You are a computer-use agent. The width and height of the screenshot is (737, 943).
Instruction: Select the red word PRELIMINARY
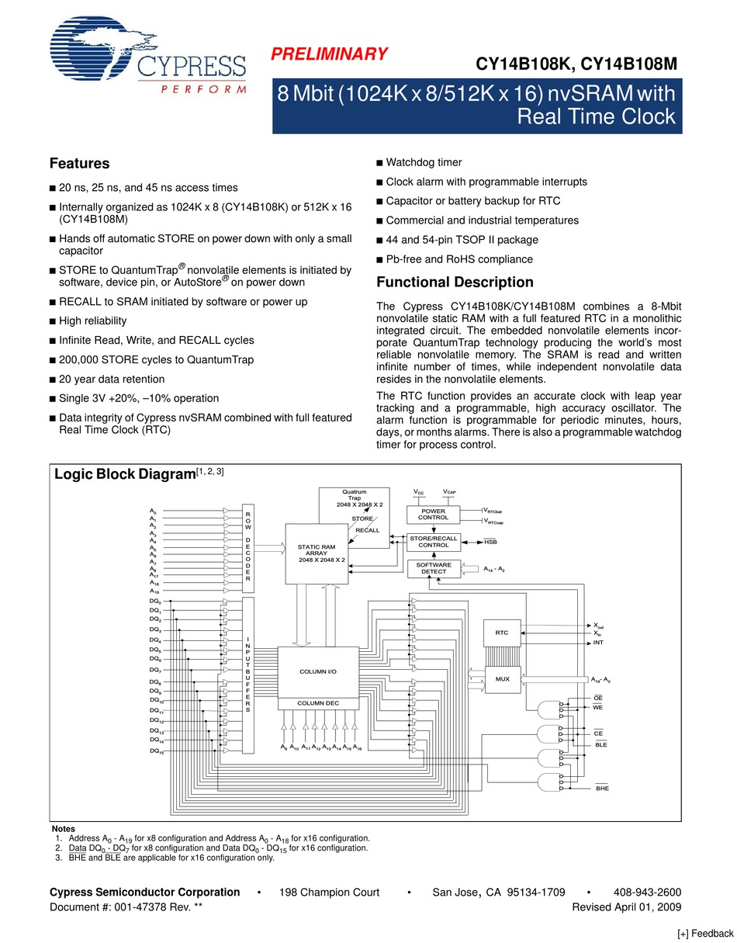pos(328,54)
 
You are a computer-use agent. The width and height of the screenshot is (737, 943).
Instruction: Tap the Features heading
pos(79,164)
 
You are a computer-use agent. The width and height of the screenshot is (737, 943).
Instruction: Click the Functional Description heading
pos(455,283)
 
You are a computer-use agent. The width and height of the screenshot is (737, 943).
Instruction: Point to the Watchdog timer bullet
pos(424,162)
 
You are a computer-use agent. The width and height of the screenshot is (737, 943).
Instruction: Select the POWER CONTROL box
pos(434,514)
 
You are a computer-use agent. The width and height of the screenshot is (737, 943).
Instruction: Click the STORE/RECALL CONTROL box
pos(434,542)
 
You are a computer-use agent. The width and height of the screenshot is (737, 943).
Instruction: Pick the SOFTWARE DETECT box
pos(434,568)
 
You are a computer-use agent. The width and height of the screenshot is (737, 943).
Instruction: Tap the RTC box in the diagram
pos(502,633)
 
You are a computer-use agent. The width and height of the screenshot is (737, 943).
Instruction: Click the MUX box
pos(502,679)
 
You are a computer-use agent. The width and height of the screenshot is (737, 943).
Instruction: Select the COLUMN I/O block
pos(318,671)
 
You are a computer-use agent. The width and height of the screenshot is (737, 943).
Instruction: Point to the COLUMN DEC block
pos(318,703)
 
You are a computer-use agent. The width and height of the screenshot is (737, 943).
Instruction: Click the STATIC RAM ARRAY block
pos(317,553)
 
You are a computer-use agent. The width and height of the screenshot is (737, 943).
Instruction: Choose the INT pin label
pos(597,643)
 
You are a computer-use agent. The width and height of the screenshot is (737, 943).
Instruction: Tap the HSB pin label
pos(490,542)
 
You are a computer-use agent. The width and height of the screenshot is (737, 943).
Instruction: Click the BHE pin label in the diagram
pos(602,789)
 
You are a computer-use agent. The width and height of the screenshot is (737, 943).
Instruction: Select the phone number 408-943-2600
pos(647,893)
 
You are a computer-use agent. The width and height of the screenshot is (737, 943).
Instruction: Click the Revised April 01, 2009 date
pos(627,907)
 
